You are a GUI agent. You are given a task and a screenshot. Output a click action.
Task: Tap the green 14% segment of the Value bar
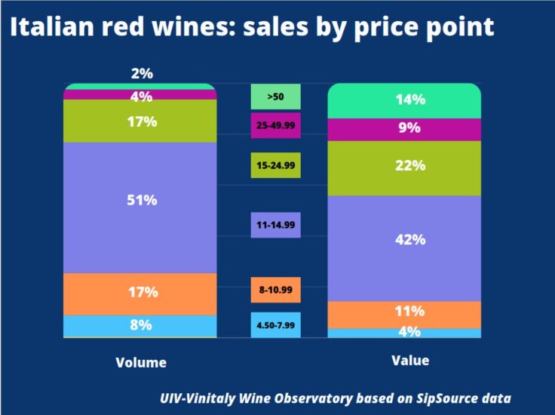tap(404, 100)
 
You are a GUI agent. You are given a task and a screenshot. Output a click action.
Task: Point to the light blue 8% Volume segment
tap(140, 326)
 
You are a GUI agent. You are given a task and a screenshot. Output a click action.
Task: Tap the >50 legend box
tap(275, 97)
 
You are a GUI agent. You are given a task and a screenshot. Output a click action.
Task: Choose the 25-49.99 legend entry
tap(275, 126)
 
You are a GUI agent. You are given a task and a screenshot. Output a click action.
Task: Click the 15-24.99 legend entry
tap(275, 165)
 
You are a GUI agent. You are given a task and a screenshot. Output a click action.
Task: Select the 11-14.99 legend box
tap(275, 224)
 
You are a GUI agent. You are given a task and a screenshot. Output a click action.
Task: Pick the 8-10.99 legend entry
tap(275, 290)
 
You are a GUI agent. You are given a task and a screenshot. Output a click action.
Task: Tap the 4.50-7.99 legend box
tap(275, 324)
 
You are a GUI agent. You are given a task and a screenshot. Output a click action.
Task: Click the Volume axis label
tap(141, 362)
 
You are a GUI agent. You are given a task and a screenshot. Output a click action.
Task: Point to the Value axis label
tap(410, 361)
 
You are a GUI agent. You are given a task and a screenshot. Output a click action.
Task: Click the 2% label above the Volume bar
tap(141, 73)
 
